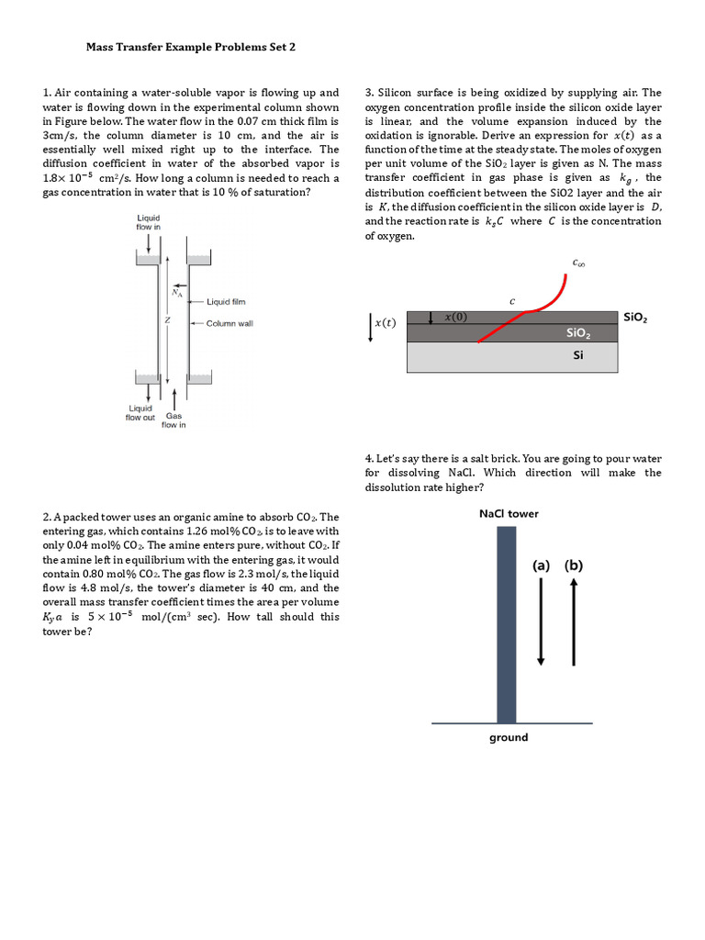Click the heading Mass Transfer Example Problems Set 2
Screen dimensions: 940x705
pos(191,47)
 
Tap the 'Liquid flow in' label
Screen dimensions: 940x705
pos(149,221)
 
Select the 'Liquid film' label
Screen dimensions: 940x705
pos(226,301)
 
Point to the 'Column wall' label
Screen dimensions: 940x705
pos(229,323)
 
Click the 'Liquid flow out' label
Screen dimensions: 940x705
pos(140,413)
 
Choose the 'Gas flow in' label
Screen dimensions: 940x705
pos(174,420)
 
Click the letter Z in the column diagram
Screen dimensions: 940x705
pos(167,320)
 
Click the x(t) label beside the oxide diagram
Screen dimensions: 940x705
pos(384,322)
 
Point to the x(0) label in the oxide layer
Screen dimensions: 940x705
pos(455,317)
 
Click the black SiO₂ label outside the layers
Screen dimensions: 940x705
pos(635,317)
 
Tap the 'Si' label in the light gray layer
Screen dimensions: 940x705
pos(577,355)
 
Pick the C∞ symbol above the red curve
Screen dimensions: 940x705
pos(579,263)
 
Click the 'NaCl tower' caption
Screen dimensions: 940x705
pos(509,514)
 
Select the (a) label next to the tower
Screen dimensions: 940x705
pos(542,565)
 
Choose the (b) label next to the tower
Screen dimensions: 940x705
pos(574,565)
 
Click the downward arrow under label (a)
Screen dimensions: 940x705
pos(542,623)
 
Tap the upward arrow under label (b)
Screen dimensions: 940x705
pos(574,623)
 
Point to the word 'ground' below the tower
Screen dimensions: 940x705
pos(509,737)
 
